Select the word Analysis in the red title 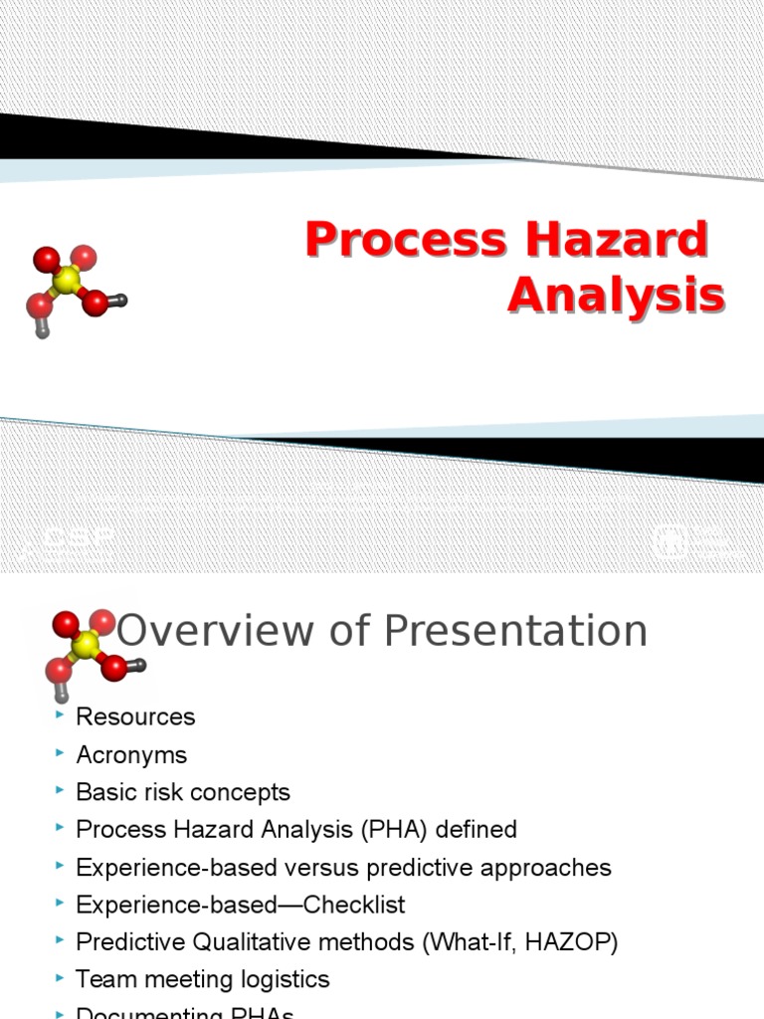tap(616, 296)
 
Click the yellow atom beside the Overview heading tap(88, 646)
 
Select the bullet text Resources tap(135, 716)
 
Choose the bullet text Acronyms tap(131, 754)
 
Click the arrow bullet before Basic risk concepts tap(62, 791)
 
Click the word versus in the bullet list tap(331, 867)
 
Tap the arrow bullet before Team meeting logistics tap(62, 979)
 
